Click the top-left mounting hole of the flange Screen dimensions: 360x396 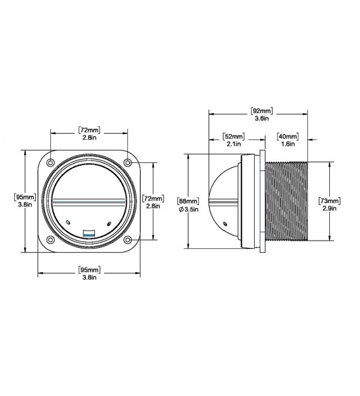[51, 162]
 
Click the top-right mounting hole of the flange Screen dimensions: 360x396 [128, 162]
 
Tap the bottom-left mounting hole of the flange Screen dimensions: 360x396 [51, 240]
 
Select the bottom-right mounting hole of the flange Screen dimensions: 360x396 [128, 240]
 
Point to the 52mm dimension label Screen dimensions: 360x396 [233, 137]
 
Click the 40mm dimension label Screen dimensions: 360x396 [288, 137]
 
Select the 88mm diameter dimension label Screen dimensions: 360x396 [188, 201]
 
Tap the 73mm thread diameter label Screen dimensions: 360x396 [329, 201]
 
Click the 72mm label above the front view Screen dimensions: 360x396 [90, 130]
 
